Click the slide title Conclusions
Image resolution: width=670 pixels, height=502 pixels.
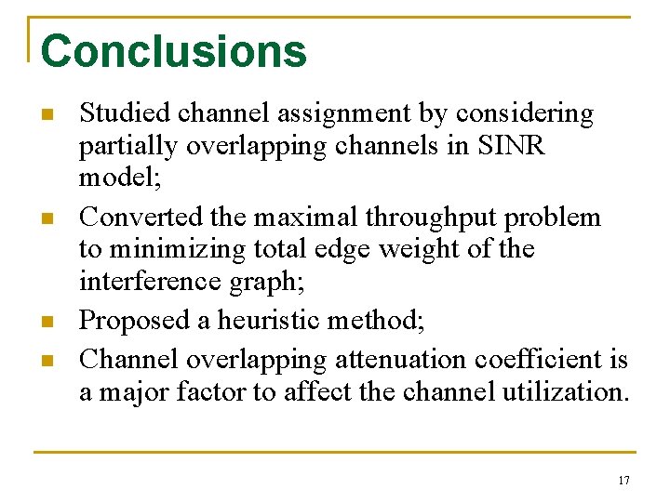[174, 51]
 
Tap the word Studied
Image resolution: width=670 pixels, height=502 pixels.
[115, 113]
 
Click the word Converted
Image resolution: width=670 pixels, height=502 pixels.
[131, 217]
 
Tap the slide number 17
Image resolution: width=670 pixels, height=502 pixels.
[623, 481]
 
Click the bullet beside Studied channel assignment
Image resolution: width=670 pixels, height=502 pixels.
[46, 116]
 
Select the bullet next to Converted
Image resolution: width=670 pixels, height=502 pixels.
[46, 219]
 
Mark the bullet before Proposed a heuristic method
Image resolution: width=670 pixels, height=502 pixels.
[46, 323]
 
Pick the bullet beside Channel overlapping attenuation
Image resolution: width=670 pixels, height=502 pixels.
[46, 361]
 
